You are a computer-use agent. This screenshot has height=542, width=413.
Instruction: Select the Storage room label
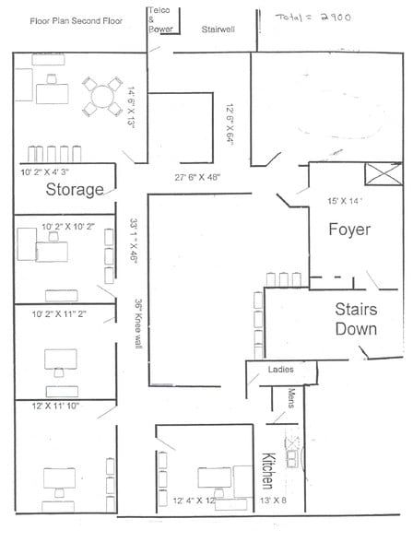(x=75, y=191)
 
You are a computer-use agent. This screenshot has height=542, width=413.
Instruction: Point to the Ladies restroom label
(x=280, y=371)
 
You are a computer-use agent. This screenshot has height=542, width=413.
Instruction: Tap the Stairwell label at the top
(x=218, y=29)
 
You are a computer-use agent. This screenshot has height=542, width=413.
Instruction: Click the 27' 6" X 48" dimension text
(x=190, y=176)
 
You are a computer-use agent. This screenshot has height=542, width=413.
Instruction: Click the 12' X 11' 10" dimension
(x=57, y=406)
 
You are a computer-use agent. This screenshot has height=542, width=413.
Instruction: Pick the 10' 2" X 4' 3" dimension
(x=51, y=172)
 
